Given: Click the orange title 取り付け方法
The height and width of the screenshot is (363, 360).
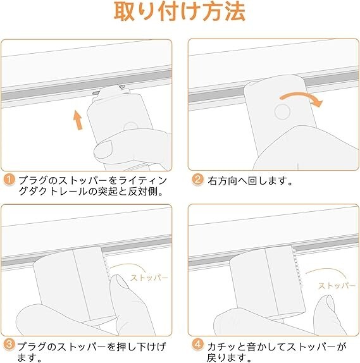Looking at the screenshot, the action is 180,11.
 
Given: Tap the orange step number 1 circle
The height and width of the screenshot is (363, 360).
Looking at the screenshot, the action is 9,180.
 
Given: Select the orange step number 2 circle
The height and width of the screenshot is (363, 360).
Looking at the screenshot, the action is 197,180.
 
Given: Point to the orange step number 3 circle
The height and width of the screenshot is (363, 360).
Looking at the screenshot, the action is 9,345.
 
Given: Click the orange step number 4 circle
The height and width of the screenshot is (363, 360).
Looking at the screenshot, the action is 197,345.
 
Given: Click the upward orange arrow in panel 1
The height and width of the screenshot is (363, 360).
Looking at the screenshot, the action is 78,120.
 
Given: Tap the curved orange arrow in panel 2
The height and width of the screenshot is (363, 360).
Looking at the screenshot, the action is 301,99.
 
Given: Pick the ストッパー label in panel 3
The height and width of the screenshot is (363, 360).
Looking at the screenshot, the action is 149,278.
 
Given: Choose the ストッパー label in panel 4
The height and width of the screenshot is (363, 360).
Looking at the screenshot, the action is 337,286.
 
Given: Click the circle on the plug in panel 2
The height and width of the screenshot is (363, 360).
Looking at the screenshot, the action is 282,112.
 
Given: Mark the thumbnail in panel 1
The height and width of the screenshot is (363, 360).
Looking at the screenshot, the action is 104,149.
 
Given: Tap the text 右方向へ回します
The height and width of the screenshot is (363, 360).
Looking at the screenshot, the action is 250,181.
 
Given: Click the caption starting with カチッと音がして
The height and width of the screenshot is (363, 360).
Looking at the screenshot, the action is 276,352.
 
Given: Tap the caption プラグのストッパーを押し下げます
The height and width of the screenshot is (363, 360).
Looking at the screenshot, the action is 92,352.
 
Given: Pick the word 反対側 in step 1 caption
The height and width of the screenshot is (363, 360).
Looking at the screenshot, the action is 143,192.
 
